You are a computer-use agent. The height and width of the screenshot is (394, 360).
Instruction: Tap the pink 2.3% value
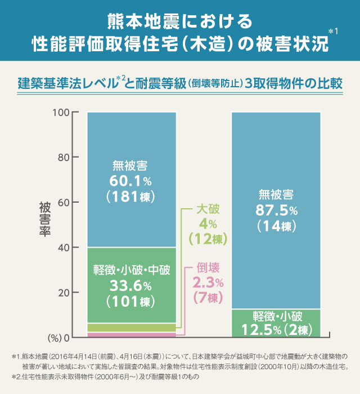pos(208,281)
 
